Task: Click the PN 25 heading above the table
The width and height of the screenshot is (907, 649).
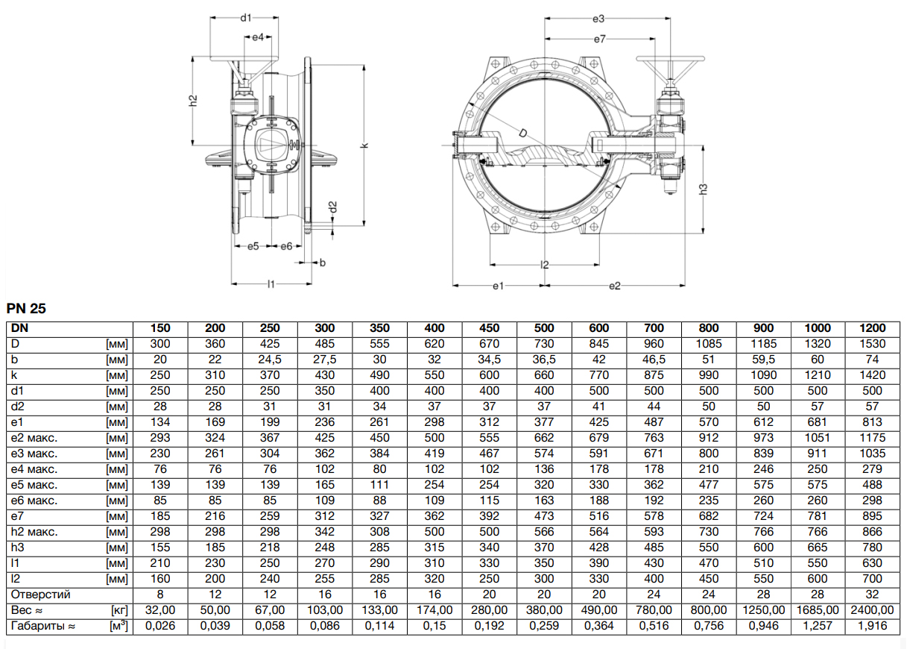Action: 28,307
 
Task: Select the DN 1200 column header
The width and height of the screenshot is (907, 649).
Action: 872,328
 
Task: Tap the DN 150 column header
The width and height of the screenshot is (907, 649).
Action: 159,328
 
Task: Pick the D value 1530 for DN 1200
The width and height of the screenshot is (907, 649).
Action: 872,344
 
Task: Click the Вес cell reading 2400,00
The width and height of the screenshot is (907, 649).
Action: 872,610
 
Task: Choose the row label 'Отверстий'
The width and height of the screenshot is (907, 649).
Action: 41,595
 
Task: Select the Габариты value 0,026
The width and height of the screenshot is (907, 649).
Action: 159,626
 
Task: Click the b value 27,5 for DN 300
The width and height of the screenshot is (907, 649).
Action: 325,360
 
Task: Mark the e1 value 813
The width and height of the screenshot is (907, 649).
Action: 872,422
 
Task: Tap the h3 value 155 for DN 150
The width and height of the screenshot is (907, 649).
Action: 159,548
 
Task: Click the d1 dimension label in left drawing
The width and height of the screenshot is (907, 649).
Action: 247,16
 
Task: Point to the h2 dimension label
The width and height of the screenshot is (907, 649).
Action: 192,100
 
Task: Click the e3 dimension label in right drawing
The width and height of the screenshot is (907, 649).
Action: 598,18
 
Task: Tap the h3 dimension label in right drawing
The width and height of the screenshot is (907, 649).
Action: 703,188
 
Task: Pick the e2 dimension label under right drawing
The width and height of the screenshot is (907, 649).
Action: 615,285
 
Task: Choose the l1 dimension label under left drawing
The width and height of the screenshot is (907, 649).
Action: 271,284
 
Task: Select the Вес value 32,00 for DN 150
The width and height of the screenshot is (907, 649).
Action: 159,610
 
